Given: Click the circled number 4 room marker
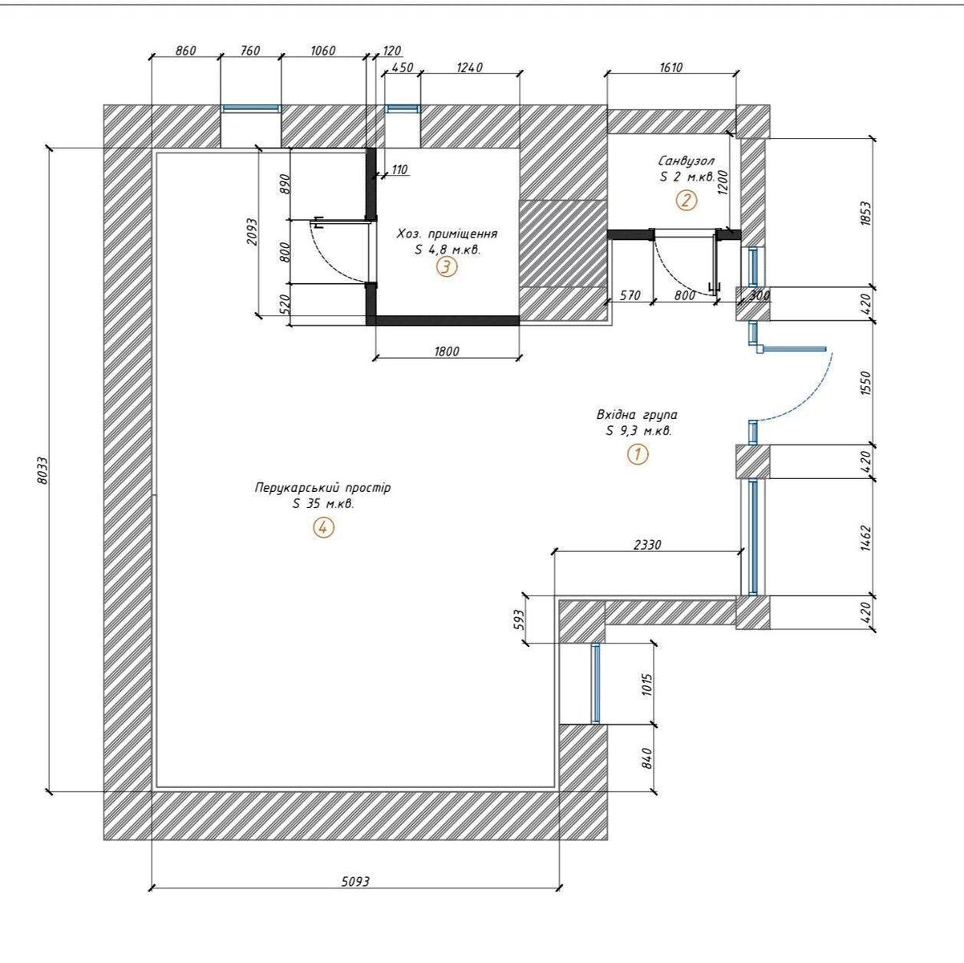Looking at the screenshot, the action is [323, 527].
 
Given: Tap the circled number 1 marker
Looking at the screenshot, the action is [638, 455].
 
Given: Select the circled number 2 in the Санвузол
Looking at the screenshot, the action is [687, 201].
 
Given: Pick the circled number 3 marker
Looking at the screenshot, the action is [447, 267].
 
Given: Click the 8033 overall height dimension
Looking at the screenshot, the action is [43, 469].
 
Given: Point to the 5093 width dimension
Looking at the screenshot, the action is [355, 895].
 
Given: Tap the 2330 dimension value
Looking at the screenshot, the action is [647, 544].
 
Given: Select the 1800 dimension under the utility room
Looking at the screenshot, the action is [447, 351].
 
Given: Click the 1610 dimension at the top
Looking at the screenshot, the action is [670, 67].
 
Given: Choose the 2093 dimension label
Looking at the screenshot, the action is [252, 231].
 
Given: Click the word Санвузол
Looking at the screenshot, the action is [686, 160].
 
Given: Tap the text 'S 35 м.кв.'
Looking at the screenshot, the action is [323, 504].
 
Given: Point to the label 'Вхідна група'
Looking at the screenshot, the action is [637, 415].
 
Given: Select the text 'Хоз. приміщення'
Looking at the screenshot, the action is [447, 234].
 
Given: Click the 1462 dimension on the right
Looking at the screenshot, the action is [866, 538].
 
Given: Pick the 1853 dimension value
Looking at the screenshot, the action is [866, 213].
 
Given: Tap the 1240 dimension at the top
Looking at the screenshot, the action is [470, 67].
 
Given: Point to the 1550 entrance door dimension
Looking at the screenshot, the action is [866, 383].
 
